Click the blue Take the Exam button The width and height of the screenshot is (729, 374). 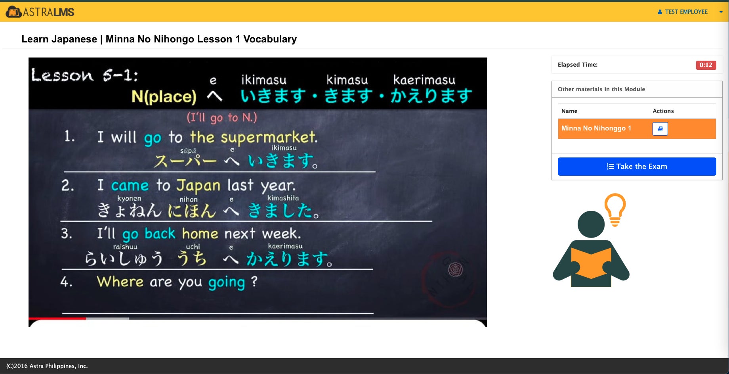637,167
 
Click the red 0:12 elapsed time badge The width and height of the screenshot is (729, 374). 706,65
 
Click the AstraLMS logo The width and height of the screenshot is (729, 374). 40,12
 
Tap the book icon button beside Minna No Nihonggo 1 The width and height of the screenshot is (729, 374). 660,129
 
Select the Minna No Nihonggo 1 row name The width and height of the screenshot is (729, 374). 596,128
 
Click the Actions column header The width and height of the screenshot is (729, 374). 663,111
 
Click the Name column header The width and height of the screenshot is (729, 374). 569,111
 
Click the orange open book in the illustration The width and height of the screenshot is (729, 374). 591,263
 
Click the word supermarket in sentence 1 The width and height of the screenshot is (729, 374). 269,138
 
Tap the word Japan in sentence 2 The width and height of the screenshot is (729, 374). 198,186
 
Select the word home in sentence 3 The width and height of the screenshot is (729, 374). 200,234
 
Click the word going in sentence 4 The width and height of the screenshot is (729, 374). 227,283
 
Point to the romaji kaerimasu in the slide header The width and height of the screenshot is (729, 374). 424,80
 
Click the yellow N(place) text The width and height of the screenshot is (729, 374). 164,96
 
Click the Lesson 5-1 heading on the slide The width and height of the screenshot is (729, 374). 84,75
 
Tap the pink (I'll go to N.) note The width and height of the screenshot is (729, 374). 222,117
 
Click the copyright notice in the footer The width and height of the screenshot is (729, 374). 47,366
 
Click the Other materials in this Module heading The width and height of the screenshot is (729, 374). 601,89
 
